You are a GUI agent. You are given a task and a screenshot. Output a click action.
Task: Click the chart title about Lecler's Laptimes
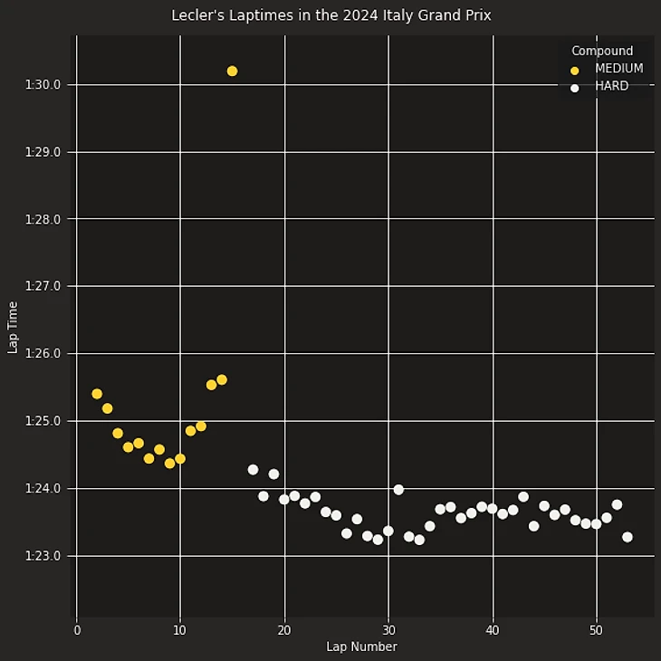pos(330,15)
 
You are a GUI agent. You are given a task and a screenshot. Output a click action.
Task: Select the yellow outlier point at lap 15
pos(232,71)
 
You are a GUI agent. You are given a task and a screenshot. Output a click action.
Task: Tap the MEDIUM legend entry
pos(618,69)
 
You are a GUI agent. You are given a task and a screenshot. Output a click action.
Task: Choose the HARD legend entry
pos(611,87)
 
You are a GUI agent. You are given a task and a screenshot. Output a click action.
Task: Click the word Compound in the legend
pos(602,51)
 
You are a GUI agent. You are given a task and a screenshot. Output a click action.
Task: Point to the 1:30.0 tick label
pos(43,85)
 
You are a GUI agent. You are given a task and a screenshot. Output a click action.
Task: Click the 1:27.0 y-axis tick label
pos(43,286)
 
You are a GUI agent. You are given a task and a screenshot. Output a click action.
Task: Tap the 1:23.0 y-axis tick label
pos(43,556)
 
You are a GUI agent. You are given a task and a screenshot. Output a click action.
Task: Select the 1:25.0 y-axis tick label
pos(43,421)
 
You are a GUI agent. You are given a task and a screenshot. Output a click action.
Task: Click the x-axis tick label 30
pos(388,629)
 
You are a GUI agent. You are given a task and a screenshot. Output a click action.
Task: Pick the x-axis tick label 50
pos(596,629)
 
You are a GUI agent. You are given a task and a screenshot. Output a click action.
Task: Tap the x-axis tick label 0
pos(77,629)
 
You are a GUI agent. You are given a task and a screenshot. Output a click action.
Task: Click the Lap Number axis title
pos(361,647)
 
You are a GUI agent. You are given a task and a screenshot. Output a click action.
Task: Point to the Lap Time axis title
pos(13,328)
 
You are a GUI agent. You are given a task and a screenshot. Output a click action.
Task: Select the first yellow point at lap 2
pos(97,394)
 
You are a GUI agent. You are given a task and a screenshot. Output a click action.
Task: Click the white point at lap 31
pos(398,490)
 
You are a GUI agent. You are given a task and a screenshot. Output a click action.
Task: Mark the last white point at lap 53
pos(627,537)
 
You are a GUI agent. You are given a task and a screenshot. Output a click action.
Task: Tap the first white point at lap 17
pos(253,470)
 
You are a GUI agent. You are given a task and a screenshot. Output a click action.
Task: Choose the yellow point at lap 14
pos(222,379)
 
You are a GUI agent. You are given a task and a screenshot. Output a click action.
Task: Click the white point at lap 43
pos(523,497)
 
